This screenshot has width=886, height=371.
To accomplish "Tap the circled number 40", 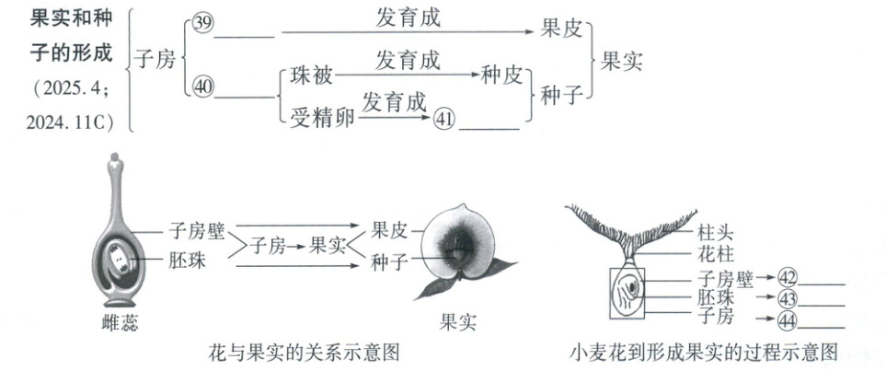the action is (x=202, y=87).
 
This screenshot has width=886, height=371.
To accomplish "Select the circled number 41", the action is (x=444, y=120).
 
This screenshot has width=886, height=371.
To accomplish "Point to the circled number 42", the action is (x=788, y=275).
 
